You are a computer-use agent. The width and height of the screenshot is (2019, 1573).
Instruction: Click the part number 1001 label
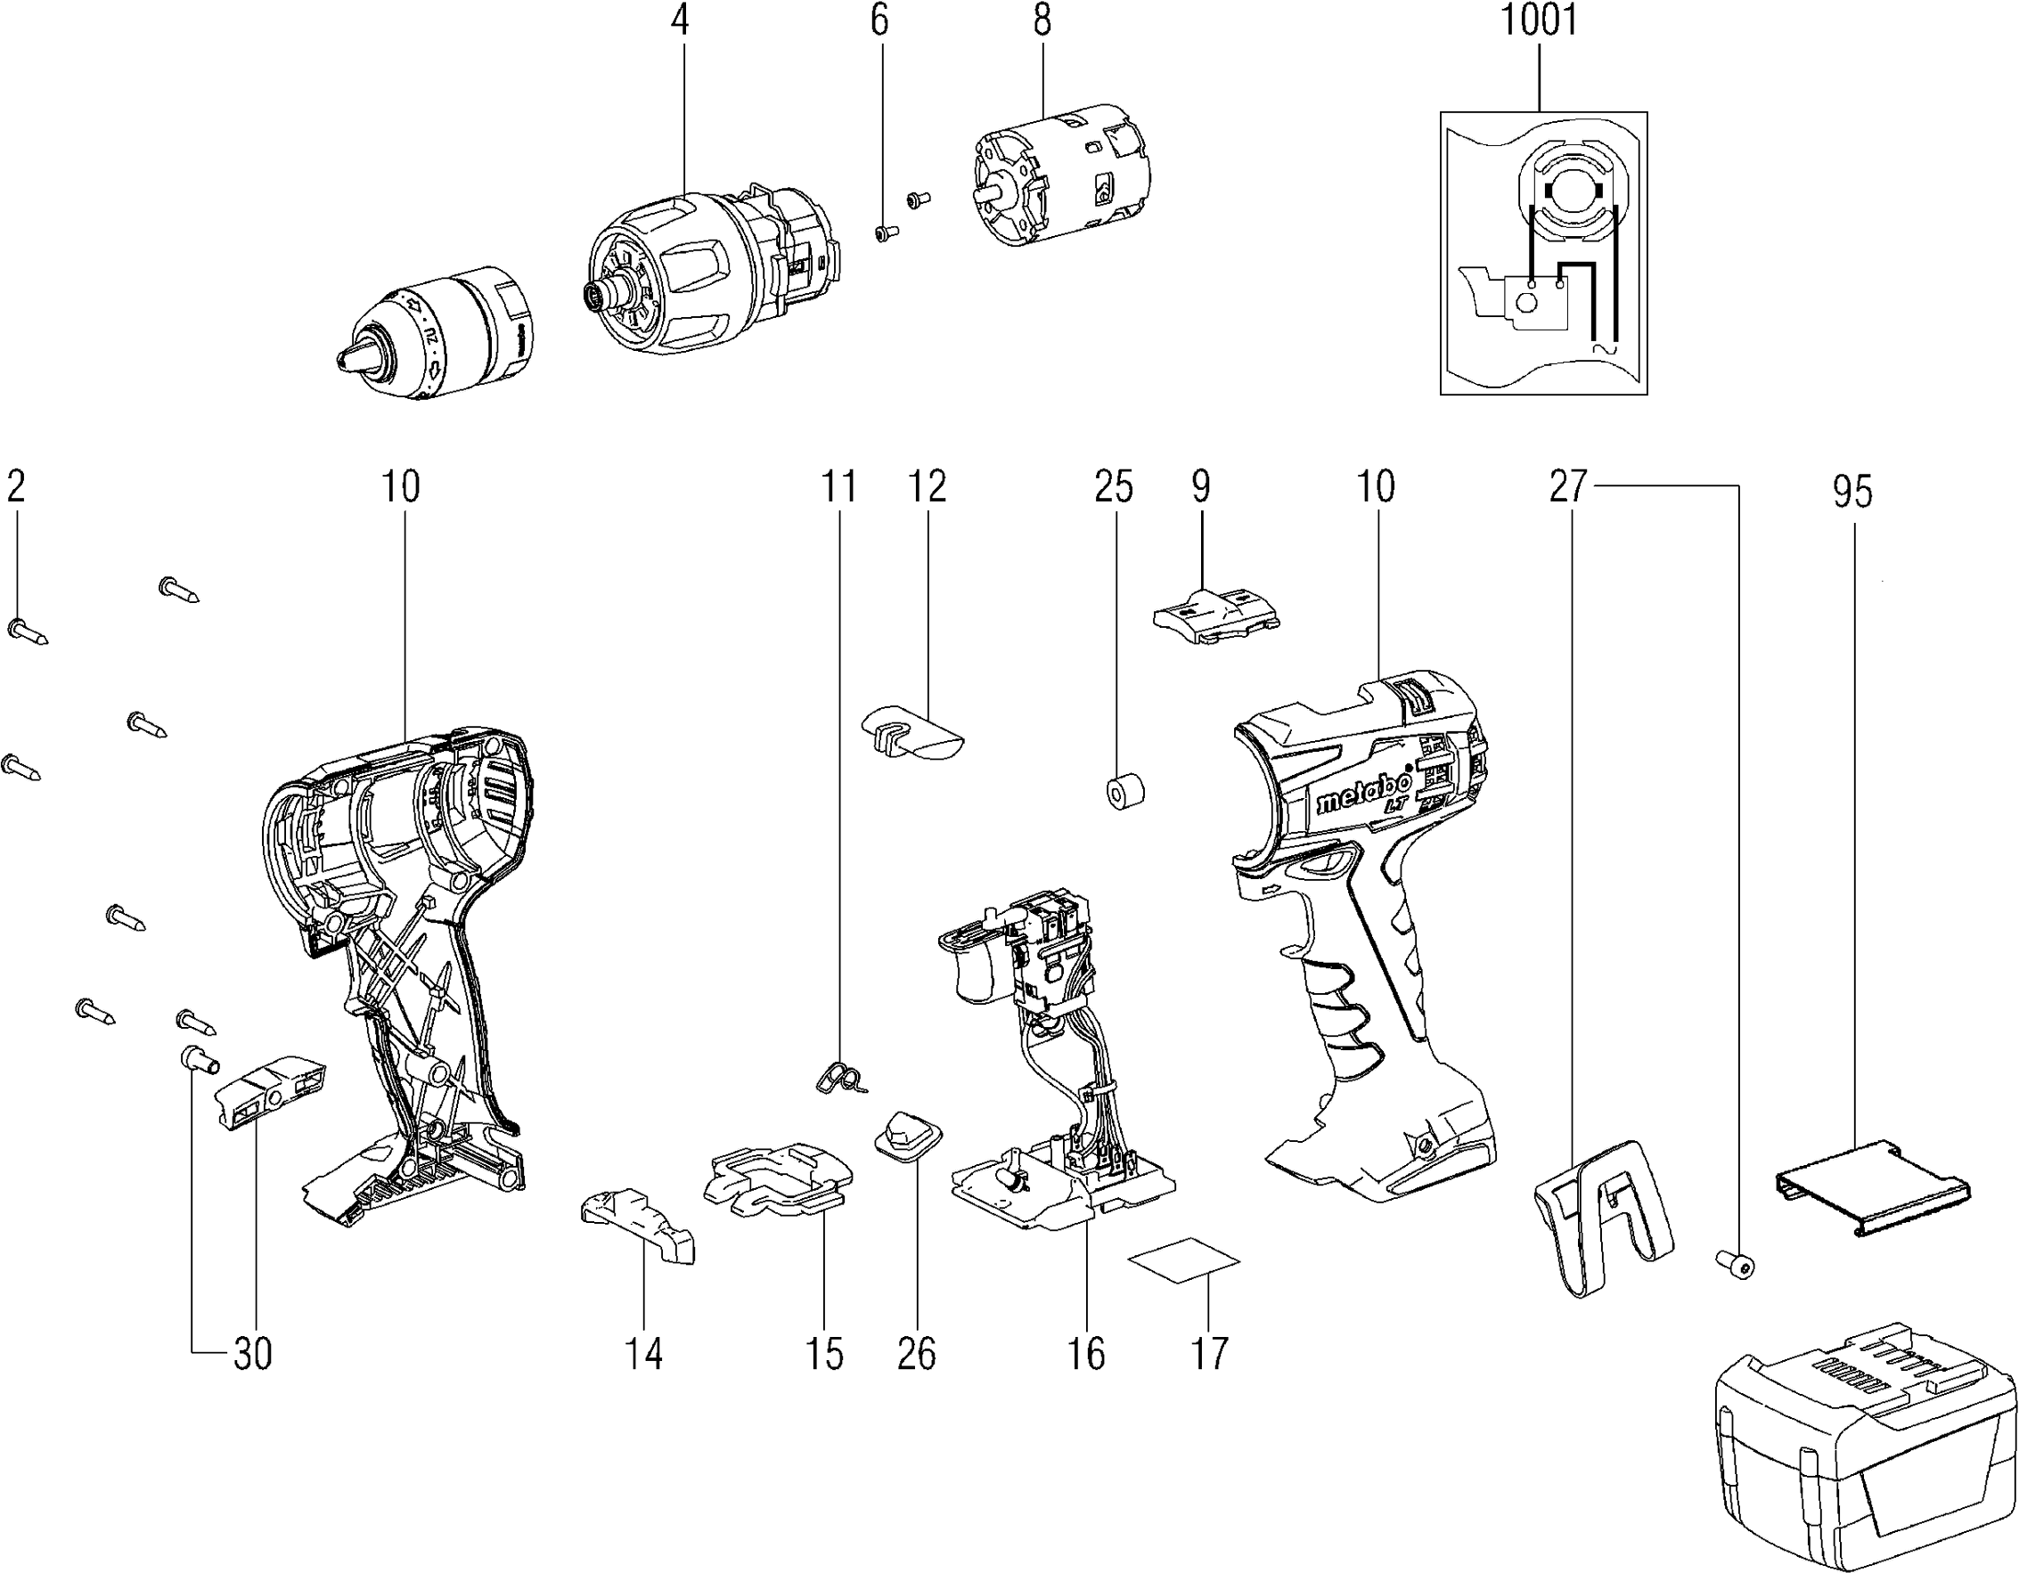pos(1538,21)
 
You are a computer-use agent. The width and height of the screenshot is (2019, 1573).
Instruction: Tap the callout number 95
pos(1853,492)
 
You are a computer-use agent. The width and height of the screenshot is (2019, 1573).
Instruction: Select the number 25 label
pos(1114,486)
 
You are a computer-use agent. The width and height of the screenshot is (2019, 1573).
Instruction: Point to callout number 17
pos(1209,1355)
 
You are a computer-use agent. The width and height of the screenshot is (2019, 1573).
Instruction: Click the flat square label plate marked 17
pos(1184,1260)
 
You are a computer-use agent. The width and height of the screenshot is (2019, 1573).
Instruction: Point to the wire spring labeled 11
pos(841,1078)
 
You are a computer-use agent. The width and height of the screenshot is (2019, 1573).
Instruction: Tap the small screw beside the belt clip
pos(1737,1263)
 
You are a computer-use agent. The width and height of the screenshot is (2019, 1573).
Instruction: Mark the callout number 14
pos(643,1355)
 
